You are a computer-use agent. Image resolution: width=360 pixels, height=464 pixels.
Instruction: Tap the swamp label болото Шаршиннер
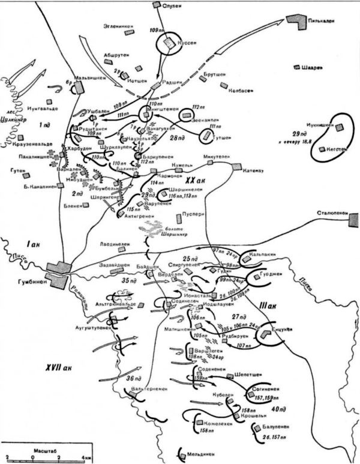pyautogui.click(x=158, y=232)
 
